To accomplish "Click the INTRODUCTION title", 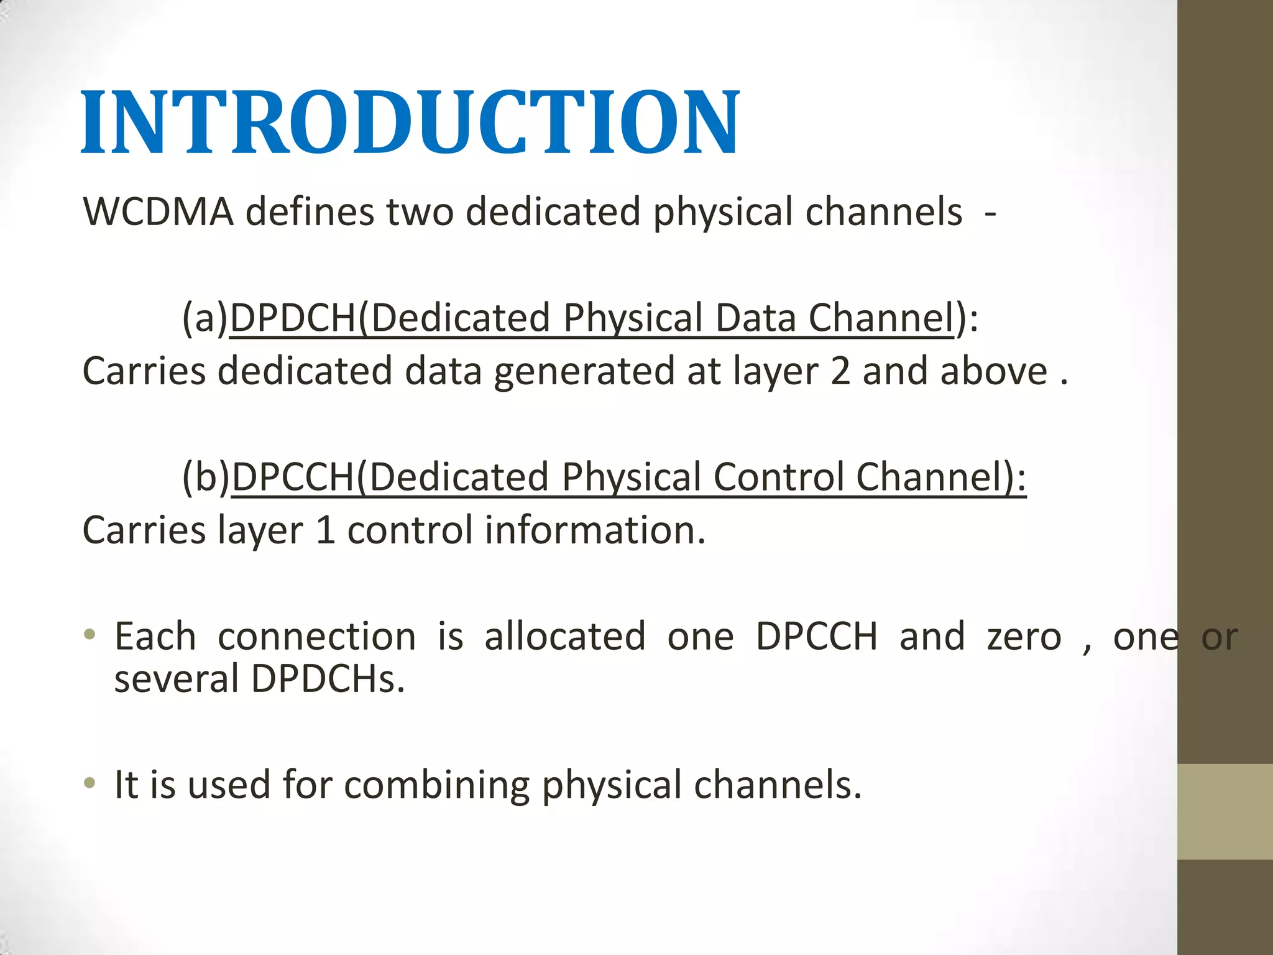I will tap(410, 122).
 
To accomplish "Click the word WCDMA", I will tap(158, 212).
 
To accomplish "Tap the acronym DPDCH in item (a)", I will tap(293, 318).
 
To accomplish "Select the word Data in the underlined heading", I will tap(755, 318).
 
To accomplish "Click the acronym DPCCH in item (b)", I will tap(293, 477).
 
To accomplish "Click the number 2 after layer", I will tap(840, 371).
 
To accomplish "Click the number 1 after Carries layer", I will tap(326, 530).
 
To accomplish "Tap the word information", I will tap(595, 530).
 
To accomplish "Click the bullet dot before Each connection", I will tap(90, 635).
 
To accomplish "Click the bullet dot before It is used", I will tap(90, 783).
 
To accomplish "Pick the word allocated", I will tap(564, 637).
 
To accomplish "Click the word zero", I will tap(1024, 638).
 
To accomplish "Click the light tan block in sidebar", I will tap(1225, 811).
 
